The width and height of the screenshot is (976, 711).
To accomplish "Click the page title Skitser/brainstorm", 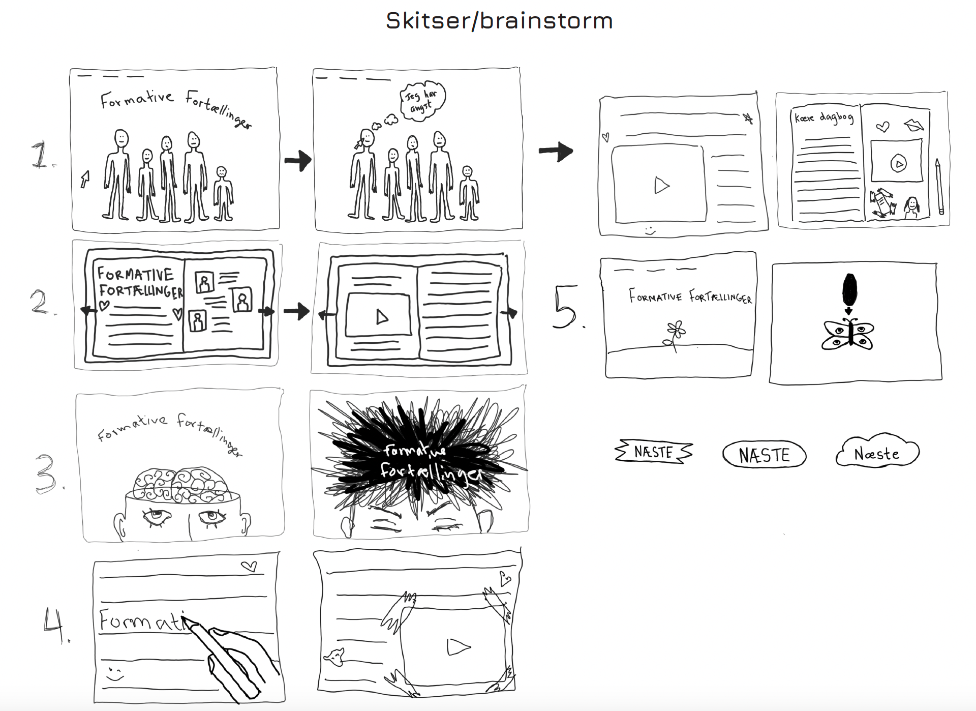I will (x=499, y=21).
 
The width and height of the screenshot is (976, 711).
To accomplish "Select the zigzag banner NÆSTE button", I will (x=654, y=452).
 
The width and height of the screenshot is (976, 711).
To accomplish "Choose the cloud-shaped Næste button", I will (x=877, y=453).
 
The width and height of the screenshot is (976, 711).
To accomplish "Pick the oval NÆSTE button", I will (x=764, y=455).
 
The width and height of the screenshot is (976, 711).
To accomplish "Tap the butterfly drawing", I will (x=847, y=334).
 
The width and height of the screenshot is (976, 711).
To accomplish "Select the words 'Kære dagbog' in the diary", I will (x=824, y=118).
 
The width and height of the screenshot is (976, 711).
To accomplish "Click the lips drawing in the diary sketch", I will (x=914, y=125).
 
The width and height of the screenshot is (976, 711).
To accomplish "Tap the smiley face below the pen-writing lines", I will (x=115, y=674).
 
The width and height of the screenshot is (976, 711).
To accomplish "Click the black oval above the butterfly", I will (x=849, y=289).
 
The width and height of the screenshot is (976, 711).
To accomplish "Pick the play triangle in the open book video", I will (x=382, y=317).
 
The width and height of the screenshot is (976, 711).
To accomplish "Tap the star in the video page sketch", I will (x=748, y=118).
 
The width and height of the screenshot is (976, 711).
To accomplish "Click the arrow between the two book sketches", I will (x=296, y=311).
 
